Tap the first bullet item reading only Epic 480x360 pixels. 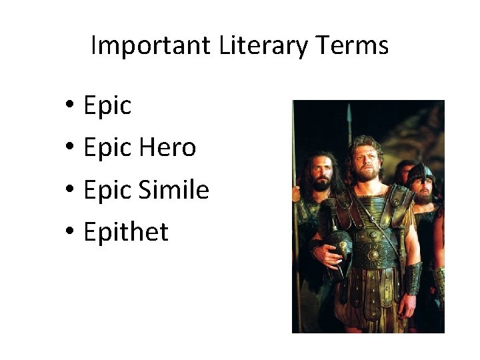(107, 105)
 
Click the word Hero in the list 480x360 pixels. (167, 147)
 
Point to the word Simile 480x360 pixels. (173, 190)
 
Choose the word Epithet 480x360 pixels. (126, 232)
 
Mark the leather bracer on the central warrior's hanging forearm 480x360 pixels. (413, 277)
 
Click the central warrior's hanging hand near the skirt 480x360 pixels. (407, 307)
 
